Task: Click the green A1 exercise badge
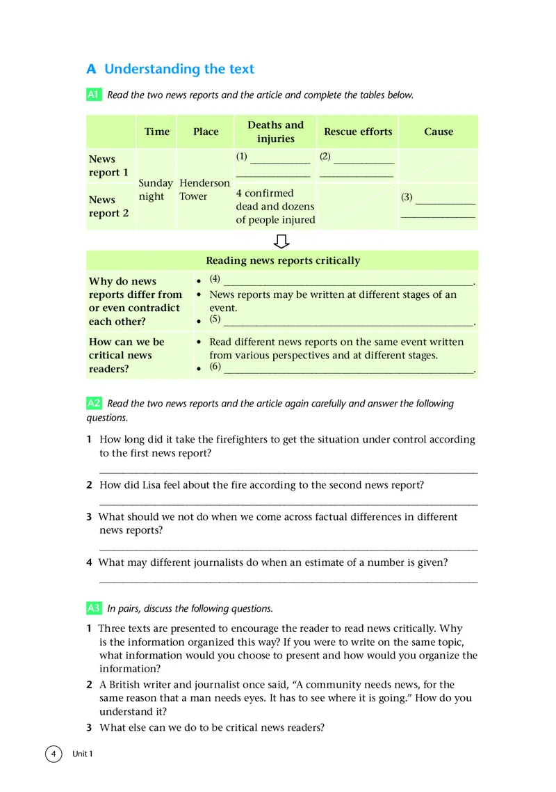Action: tap(94, 95)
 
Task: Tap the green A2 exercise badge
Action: tap(94, 404)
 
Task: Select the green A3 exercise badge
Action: tap(94, 608)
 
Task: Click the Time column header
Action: tap(157, 132)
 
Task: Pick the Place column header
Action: tap(206, 132)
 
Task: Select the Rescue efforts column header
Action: tap(358, 132)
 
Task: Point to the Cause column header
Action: tap(439, 132)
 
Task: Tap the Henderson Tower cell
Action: tap(204, 189)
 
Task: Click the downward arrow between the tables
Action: tap(281, 241)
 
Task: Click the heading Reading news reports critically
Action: tap(283, 260)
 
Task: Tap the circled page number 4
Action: tap(53, 754)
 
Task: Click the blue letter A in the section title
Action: tap(91, 69)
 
